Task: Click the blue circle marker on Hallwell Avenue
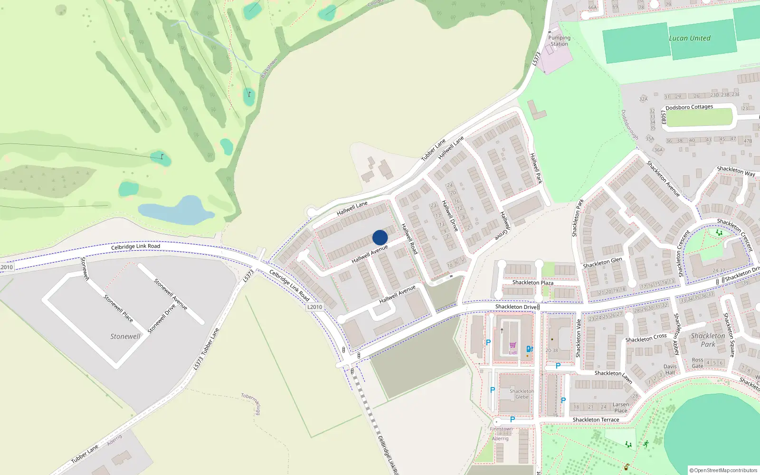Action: coord(380,237)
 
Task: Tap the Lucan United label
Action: coord(689,38)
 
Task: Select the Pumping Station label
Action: coord(559,41)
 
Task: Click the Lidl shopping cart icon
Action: coord(513,345)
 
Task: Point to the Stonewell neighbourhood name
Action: coord(125,336)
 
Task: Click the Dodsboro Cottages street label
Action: coord(689,107)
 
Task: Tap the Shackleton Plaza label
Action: coord(532,283)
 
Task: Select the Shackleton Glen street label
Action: coord(602,263)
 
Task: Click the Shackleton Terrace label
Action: coord(596,420)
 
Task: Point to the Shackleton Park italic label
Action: coord(708,340)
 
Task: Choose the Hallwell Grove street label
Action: coord(504,226)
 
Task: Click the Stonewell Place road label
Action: coord(118,308)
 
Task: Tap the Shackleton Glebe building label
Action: coord(522,394)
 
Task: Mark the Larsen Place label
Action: coord(621,408)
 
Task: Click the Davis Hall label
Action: coord(670,369)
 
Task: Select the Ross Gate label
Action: coord(697,363)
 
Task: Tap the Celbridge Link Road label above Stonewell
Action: coord(135,247)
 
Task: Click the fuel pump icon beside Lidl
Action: coord(530,349)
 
